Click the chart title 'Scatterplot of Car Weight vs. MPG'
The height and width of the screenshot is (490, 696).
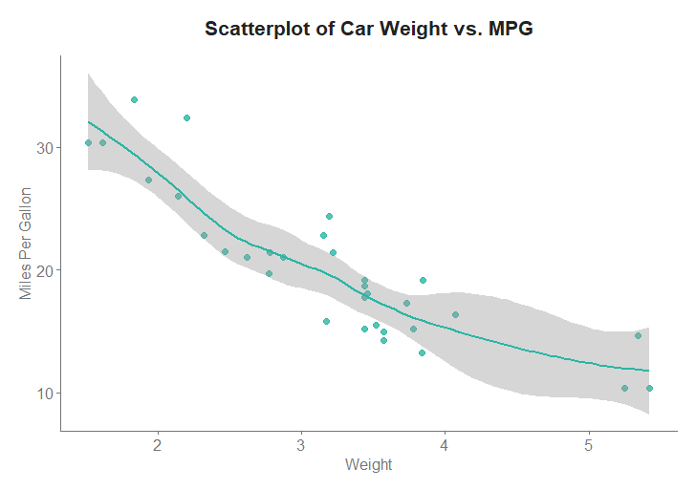click(368, 29)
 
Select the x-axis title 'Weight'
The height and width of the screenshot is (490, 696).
click(368, 465)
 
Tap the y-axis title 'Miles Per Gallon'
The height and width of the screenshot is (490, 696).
click(26, 244)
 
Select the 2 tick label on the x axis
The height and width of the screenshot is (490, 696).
click(157, 444)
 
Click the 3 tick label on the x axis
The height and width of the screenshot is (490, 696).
click(301, 444)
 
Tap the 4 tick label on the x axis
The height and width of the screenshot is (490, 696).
click(445, 444)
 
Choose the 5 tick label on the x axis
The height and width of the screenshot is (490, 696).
click(589, 444)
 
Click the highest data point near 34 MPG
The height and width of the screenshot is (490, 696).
click(134, 99)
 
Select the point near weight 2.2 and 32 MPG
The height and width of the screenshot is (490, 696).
click(186, 117)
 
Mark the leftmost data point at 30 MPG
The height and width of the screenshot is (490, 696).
click(88, 142)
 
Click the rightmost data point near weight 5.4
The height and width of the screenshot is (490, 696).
click(649, 388)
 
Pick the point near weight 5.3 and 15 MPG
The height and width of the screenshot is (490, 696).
click(638, 335)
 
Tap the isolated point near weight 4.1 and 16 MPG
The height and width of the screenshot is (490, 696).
click(455, 314)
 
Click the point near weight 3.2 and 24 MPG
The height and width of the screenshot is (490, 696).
click(329, 216)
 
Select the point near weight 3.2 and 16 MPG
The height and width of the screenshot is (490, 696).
click(326, 321)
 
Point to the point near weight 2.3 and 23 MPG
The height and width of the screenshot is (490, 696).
click(204, 235)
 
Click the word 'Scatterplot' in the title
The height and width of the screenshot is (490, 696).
click(256, 29)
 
